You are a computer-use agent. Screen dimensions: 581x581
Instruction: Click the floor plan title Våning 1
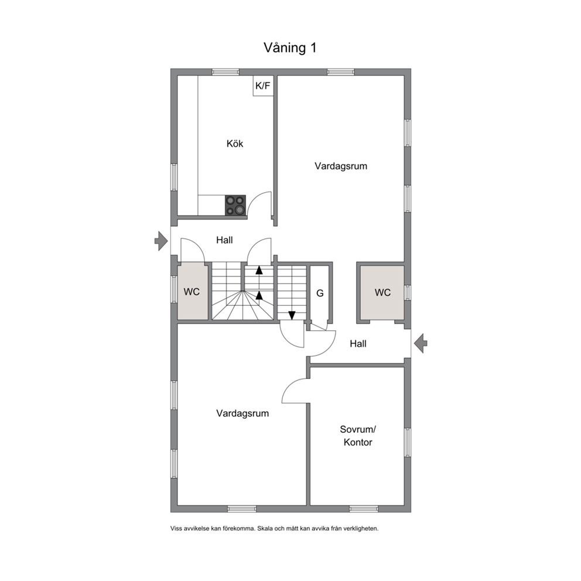pyautogui.click(x=290, y=48)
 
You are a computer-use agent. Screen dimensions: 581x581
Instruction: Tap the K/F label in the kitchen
pyautogui.click(x=263, y=86)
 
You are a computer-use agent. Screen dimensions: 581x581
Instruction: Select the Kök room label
pyautogui.click(x=235, y=143)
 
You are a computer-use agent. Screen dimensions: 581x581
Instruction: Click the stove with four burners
pyautogui.click(x=235, y=205)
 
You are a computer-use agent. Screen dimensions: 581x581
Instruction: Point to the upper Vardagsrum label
pyautogui.click(x=341, y=166)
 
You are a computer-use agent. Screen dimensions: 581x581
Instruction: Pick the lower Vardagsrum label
pyautogui.click(x=242, y=413)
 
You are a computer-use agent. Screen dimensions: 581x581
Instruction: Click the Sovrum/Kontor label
pyautogui.click(x=358, y=436)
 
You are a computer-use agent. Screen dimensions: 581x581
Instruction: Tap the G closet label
pyautogui.click(x=320, y=293)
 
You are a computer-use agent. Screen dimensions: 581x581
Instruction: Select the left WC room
pyautogui.click(x=192, y=292)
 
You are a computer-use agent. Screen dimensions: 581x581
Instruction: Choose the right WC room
pyautogui.click(x=382, y=292)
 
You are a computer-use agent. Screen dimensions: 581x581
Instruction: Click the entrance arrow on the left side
pyautogui.click(x=161, y=241)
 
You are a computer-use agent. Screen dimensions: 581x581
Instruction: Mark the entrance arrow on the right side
pyautogui.click(x=421, y=343)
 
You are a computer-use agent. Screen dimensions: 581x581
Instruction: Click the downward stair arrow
pyautogui.click(x=292, y=315)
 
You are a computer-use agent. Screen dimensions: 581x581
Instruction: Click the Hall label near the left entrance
pyautogui.click(x=224, y=240)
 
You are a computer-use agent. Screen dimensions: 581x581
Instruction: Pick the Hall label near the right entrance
pyautogui.click(x=358, y=344)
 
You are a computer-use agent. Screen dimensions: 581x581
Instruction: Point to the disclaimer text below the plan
pyautogui.click(x=275, y=528)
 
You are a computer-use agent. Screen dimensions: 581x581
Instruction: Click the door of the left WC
pyautogui.click(x=192, y=250)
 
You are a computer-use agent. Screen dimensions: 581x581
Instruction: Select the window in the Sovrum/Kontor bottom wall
pyautogui.click(x=364, y=509)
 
